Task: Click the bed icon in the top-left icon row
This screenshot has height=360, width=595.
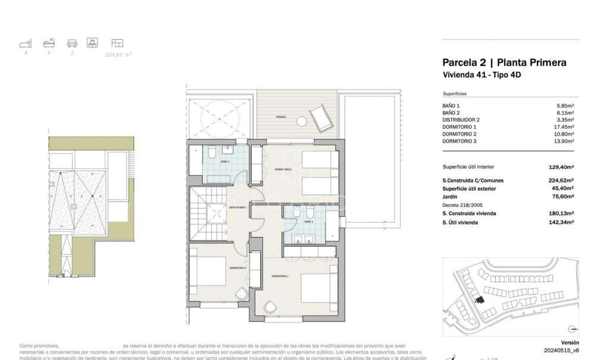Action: (24, 43)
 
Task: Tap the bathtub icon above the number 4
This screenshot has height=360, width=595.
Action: (48, 43)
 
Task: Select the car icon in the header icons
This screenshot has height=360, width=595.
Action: (72, 43)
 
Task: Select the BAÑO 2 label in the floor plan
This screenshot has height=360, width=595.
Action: (225, 162)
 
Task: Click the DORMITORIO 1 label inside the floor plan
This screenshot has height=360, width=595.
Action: (280, 276)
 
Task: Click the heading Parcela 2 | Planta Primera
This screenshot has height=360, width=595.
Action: (504, 62)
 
